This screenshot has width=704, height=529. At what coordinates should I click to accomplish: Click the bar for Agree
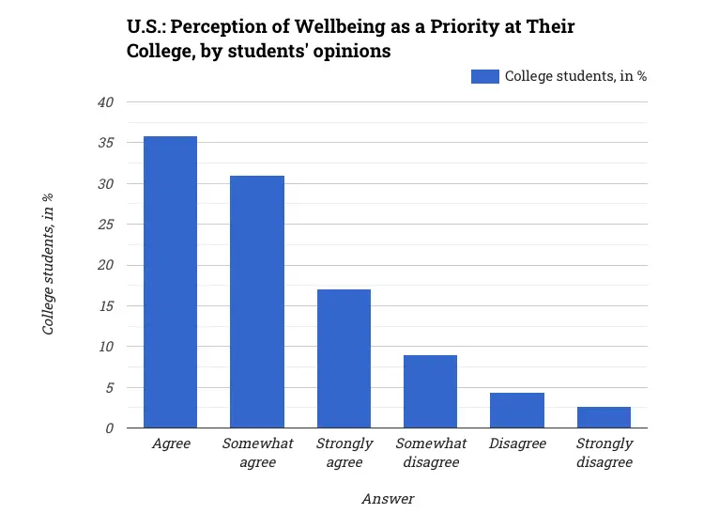click(170, 282)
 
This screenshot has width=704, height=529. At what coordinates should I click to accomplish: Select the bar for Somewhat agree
click(257, 302)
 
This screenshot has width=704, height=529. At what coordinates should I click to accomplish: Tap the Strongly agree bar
click(344, 358)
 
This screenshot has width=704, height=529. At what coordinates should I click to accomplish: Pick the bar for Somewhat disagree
click(430, 391)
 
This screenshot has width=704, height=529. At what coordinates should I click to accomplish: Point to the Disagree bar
click(517, 410)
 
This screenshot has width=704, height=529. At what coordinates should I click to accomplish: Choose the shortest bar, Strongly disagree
click(604, 417)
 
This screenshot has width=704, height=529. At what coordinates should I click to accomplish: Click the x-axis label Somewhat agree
click(257, 452)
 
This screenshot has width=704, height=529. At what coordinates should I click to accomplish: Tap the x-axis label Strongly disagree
click(604, 452)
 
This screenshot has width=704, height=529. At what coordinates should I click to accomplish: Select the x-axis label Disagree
click(517, 443)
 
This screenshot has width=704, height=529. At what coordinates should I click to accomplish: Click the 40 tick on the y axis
click(106, 102)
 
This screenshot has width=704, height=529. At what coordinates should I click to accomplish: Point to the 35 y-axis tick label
click(106, 143)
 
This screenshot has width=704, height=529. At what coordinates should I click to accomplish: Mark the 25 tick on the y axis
click(106, 225)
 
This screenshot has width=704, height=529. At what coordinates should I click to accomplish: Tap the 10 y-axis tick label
click(106, 347)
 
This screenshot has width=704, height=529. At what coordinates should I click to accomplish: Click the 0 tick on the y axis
click(110, 428)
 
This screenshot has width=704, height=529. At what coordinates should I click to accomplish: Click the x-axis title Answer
click(388, 499)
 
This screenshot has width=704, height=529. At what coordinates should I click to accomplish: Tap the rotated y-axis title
click(48, 264)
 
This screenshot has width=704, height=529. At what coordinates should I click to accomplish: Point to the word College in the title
click(158, 51)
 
